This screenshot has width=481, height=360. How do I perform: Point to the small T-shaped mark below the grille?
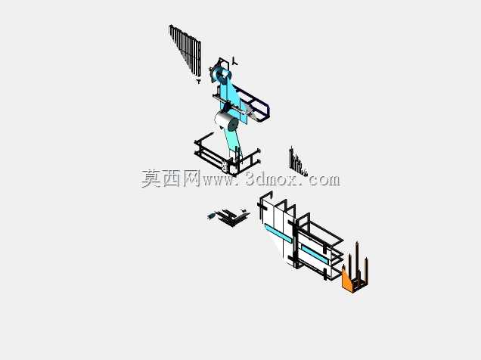click(198, 81)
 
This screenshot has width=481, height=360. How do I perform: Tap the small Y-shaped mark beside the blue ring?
click(234, 61)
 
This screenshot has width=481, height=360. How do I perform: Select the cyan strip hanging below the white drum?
click(232, 141)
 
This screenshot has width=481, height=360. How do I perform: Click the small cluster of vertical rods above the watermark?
click(297, 161)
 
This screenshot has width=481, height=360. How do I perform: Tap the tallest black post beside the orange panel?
click(357, 261)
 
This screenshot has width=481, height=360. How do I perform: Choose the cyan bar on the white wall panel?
click(278, 233)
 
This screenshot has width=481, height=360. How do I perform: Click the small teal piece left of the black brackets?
click(211, 216)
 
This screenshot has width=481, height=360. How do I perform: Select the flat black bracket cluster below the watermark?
click(232, 217)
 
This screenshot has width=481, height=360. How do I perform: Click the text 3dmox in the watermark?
click(272, 179)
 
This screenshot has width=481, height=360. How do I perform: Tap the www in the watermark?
click(219, 180)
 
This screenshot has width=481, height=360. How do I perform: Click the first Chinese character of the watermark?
click(151, 178)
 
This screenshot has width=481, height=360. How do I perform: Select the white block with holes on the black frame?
click(225, 166)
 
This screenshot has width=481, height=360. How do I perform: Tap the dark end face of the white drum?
click(232, 125)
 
